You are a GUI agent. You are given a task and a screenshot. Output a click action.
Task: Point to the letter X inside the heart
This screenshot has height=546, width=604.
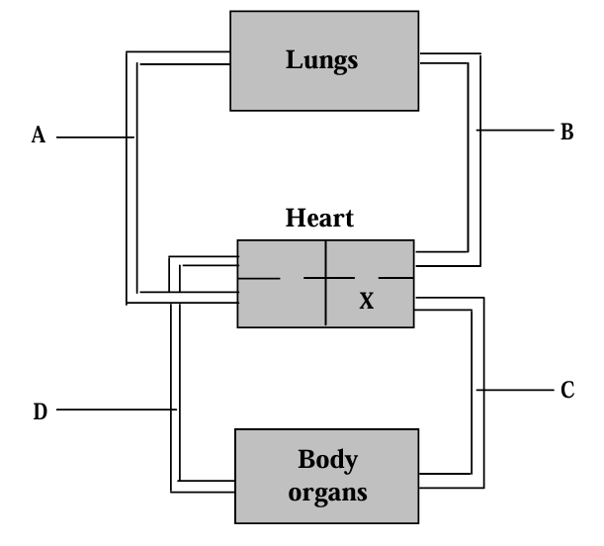click(x=366, y=302)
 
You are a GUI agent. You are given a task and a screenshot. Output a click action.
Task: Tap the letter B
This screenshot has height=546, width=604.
click(x=566, y=131)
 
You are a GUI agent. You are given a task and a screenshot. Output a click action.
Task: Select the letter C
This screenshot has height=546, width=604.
click(x=566, y=391)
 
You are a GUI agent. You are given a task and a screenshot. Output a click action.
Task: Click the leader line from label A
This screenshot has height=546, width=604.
click(x=94, y=137)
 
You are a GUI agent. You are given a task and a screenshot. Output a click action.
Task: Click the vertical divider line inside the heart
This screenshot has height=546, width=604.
click(x=327, y=297)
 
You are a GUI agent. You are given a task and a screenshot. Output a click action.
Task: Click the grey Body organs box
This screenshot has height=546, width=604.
click(x=267, y=475)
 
